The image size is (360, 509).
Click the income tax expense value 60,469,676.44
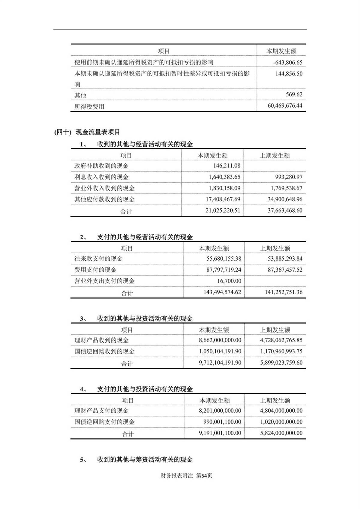click(285, 106)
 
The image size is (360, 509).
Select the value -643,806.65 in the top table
click(288, 63)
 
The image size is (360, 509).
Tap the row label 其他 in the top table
click(80, 95)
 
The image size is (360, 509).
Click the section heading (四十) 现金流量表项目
click(87, 132)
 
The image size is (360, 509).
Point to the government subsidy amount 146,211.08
click(224, 166)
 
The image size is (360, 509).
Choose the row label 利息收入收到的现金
click(101, 177)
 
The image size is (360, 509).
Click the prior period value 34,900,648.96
click(285, 199)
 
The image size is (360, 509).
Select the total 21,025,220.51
click(223, 210)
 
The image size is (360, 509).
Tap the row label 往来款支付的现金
click(98, 259)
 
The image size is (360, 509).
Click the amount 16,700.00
click(229, 281)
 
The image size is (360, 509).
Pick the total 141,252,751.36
click(283, 292)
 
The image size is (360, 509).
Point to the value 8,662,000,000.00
click(220, 340)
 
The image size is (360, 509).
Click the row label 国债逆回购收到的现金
click(104, 351)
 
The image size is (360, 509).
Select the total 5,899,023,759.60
click(281, 362)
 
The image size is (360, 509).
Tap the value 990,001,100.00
click(222, 422)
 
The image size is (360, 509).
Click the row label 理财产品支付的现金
click(101, 411)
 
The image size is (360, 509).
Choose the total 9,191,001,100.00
click(220, 433)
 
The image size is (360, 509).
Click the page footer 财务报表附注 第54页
click(186, 476)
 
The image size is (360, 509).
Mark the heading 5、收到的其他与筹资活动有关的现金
click(136, 460)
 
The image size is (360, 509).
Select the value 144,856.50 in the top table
click(289, 73)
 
